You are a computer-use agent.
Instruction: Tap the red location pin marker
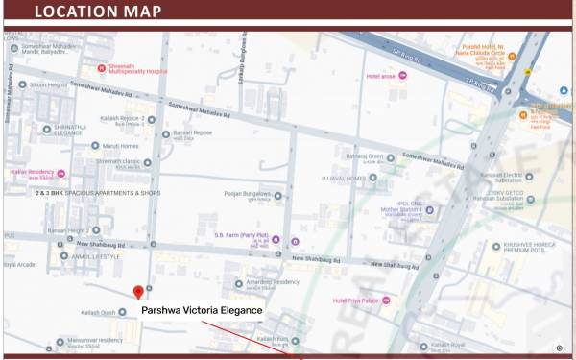(138, 292)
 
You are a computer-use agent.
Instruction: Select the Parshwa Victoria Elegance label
(202, 311)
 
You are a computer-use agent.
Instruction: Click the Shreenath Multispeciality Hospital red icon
(102, 68)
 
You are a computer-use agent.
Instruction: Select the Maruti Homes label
(121, 146)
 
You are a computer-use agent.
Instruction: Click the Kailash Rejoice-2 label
(121, 120)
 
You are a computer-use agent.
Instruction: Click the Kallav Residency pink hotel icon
(61, 173)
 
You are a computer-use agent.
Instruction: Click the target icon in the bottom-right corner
(560, 348)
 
